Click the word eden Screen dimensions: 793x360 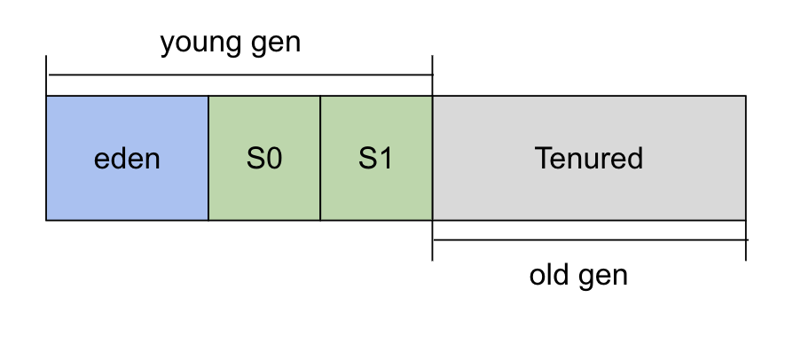(x=127, y=158)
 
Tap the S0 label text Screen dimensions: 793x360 (x=264, y=158)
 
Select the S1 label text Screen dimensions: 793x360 (x=375, y=158)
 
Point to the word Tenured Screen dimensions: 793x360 (x=589, y=158)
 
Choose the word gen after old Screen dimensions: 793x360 (x=603, y=278)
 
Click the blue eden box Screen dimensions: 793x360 (x=127, y=158)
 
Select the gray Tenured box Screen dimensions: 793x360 (x=589, y=158)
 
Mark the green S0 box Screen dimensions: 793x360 (x=264, y=158)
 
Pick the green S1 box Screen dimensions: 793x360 (x=376, y=158)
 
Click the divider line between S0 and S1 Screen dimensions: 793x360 (x=320, y=158)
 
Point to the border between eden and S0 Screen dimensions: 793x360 (x=208, y=158)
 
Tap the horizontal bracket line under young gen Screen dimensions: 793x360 (x=240, y=74)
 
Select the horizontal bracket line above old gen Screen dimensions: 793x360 (x=591, y=239)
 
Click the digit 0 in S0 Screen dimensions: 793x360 (x=273, y=158)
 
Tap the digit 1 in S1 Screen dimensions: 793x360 (x=385, y=158)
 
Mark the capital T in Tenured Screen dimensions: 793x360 (x=543, y=158)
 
